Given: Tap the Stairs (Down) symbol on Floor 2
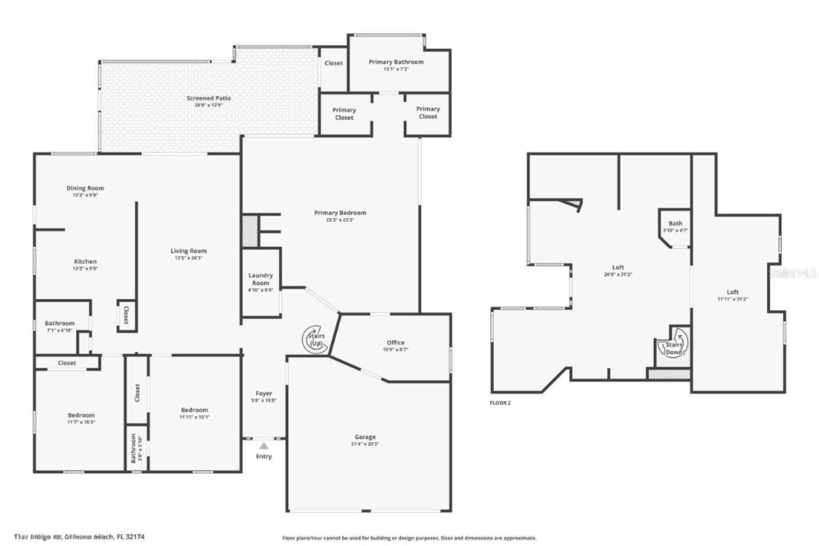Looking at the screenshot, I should pos(675,344).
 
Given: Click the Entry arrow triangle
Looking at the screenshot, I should pos(264,446).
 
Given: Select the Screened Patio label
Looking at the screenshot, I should pos(208,98).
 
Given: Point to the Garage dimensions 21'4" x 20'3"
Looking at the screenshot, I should pos(365,444).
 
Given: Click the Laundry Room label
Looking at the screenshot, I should pos(261,279).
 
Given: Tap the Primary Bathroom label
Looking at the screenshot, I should pos(396,62).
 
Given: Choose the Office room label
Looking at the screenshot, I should pos(396,342).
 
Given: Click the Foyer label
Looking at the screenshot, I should pos(264,394).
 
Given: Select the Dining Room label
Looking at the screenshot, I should pos(85,188).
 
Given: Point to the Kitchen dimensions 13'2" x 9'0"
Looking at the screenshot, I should pos(85,268).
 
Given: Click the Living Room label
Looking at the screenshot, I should pos(189,251).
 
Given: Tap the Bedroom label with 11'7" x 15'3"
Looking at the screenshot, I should pos(81,415).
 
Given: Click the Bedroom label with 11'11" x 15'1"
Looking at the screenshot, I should pos(194,410).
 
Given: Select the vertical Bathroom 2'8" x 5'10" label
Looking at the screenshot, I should pos(134,448).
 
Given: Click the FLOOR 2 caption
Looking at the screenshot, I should pos(500,403).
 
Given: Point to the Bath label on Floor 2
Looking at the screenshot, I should pos(675,223).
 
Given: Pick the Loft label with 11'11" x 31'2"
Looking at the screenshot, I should pos(733,292).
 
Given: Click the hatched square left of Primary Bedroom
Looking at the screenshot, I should pos(250,231).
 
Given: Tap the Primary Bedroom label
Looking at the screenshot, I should pos(340,213).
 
